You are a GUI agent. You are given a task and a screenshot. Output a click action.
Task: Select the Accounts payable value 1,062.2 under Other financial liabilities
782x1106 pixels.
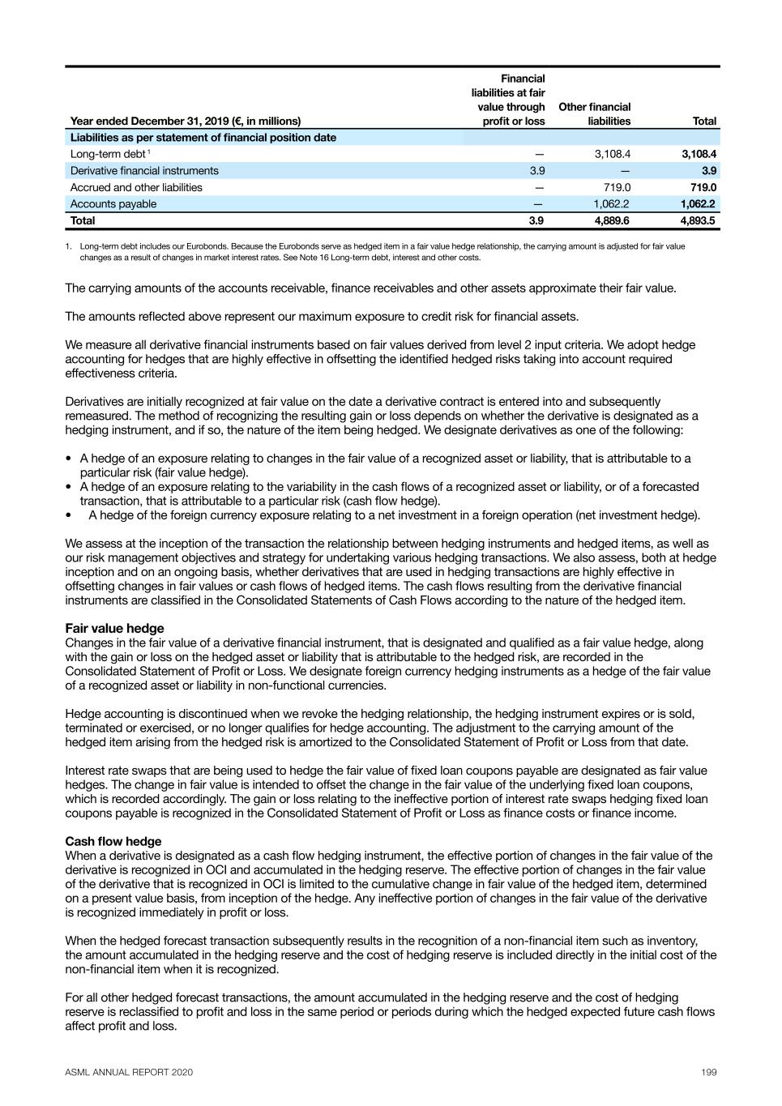pos(611,204)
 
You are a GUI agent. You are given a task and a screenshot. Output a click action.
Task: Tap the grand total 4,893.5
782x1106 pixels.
pos(699,220)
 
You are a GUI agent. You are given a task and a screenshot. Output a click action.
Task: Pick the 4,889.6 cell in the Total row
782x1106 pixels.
pos(612,220)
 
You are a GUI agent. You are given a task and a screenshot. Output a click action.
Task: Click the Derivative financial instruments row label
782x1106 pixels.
pos(144,171)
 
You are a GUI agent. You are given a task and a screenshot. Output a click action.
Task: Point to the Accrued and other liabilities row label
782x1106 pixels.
pos(136,187)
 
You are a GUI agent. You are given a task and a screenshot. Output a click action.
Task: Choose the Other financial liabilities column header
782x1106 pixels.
pos(595,114)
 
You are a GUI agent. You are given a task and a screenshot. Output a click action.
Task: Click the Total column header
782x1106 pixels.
pos(704,122)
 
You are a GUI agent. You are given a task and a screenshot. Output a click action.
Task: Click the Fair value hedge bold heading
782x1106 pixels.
pos(114,628)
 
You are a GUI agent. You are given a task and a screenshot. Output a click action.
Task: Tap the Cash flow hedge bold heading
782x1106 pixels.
pos(113,841)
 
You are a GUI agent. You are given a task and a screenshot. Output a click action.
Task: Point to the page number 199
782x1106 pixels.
pos(709,1072)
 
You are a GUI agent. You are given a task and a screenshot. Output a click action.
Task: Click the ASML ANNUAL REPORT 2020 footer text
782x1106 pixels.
pos(129,1072)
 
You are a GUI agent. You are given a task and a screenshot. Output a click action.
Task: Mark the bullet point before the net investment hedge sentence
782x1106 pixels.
pos(70,515)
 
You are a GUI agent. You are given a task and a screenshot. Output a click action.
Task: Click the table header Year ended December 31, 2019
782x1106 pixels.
pos(186,122)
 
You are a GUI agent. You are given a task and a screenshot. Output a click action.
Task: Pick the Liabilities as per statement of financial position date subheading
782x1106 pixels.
pos(203,138)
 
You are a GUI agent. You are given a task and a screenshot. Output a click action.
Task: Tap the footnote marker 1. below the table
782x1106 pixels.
pos(70,246)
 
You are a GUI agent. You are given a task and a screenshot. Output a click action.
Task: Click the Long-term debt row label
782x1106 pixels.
pos(109,154)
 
